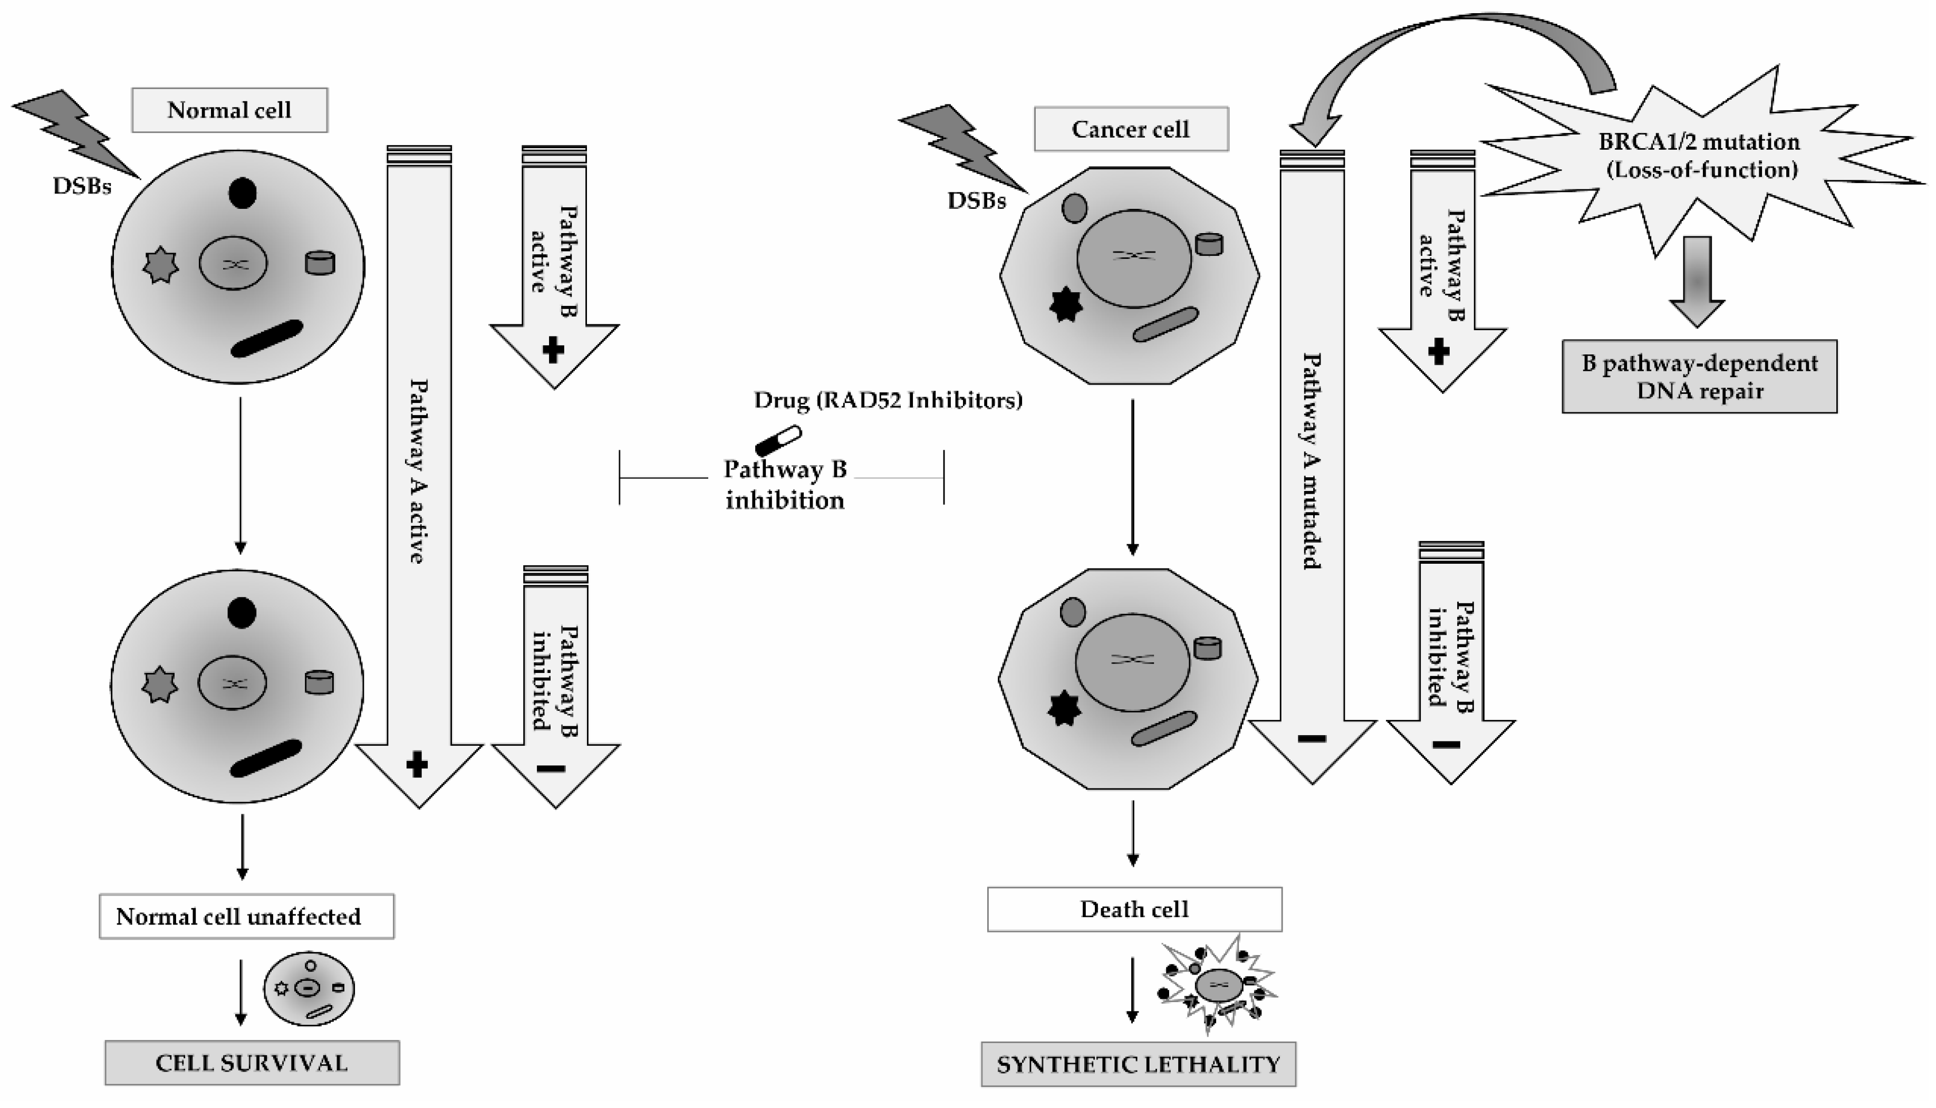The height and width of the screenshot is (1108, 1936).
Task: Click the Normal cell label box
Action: (x=229, y=110)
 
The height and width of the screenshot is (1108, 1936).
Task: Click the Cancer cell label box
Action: (x=1130, y=129)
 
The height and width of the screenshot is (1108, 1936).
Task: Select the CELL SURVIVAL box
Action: (x=252, y=1063)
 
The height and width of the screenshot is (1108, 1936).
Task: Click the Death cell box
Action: (x=1134, y=909)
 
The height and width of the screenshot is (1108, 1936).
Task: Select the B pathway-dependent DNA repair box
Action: (x=1699, y=377)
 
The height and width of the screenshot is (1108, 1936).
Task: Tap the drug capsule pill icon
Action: (x=778, y=440)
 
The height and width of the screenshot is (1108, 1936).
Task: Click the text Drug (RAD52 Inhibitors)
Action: (x=888, y=400)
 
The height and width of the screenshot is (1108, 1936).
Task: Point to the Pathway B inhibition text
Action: (x=785, y=485)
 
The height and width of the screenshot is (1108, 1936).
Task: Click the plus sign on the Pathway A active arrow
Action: (x=416, y=765)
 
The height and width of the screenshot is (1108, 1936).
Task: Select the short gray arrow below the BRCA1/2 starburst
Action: (x=1697, y=282)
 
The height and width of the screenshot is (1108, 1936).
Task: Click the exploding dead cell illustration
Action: (x=1218, y=986)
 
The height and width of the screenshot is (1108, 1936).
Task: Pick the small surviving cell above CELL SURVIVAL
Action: (x=309, y=988)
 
